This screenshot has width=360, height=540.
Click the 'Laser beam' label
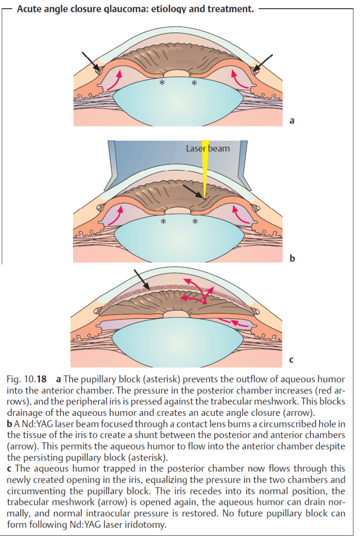[x=208, y=149]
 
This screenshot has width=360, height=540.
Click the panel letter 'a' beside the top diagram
[x=292, y=121]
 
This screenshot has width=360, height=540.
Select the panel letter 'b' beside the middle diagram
[x=292, y=259]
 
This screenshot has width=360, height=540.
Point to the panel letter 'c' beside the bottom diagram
[x=291, y=359]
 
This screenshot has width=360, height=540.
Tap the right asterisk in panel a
[x=194, y=84]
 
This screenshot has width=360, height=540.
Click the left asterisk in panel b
[x=163, y=222]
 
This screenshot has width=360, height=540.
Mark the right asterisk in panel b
[x=195, y=222]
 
